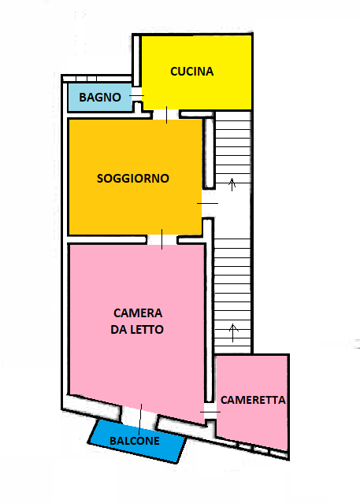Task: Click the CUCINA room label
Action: (191, 71)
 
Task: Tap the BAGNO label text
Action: (100, 97)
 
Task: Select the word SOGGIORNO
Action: (133, 179)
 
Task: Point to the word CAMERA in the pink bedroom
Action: (138, 313)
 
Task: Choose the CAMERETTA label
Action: (253, 400)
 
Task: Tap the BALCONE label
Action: (135, 441)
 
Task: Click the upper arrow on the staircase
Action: (232, 185)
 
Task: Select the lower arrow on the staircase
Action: (233, 333)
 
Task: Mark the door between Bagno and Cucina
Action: (137, 95)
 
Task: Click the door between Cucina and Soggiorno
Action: (166, 115)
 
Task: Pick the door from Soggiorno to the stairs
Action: (207, 203)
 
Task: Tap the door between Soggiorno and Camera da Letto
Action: (161, 239)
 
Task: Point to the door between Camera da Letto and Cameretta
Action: (210, 412)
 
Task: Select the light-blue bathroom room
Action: (100, 97)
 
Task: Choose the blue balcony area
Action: (137, 442)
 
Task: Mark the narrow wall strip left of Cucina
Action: (136, 61)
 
